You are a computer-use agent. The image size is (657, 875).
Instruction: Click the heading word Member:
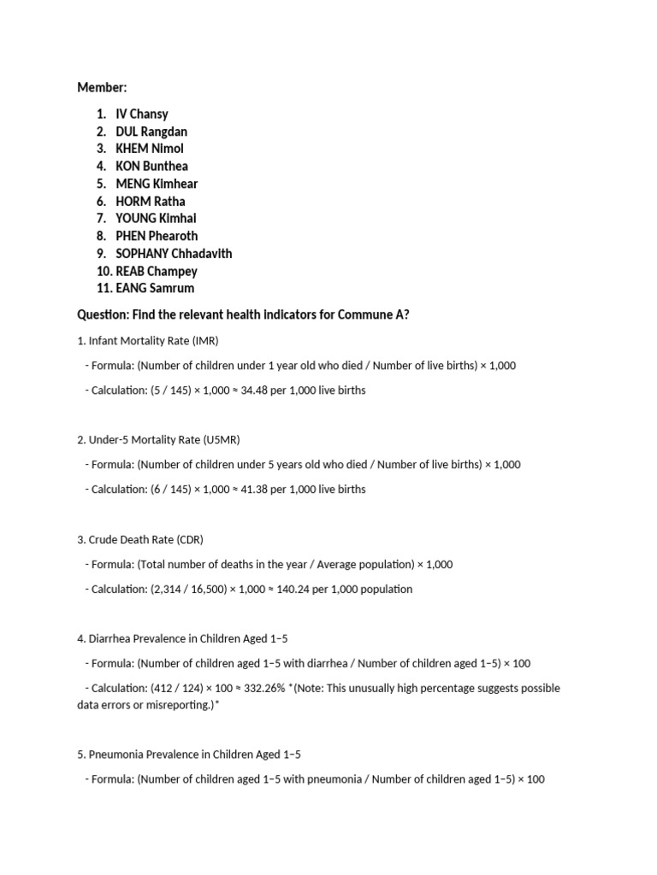pos(102,87)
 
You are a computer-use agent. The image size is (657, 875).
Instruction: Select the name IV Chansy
pos(142,114)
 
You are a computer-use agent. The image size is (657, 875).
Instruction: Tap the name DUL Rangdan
pos(151,132)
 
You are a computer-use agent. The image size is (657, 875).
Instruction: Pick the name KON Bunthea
pos(152,166)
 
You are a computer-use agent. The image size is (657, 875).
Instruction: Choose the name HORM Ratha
pos(151,201)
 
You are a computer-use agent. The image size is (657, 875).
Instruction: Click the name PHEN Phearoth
pos(157,236)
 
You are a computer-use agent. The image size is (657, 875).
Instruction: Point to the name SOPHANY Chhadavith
pos(174,253)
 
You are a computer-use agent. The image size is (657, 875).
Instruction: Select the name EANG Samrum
pos(155,288)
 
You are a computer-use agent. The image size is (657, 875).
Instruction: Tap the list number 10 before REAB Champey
pos(104,271)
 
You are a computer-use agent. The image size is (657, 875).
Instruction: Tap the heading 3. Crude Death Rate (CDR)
pos(140,539)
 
